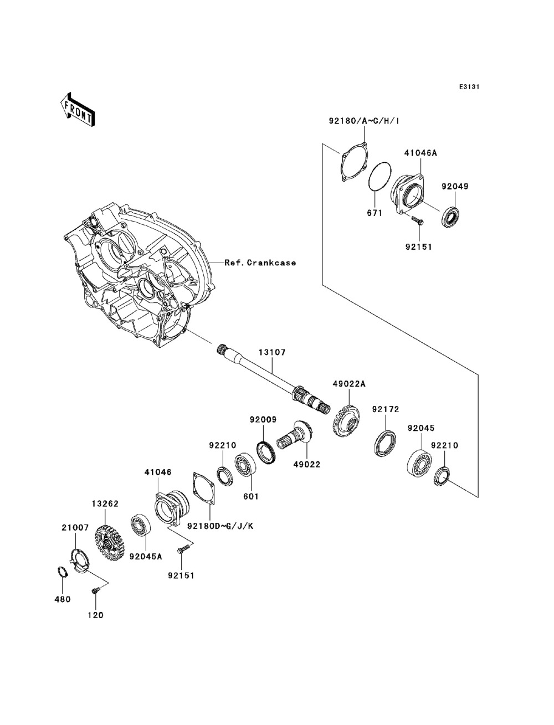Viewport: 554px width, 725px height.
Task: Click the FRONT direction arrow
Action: pos(78,109)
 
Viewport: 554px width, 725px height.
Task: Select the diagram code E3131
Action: pos(469,87)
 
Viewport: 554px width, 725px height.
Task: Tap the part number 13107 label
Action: pos(272,352)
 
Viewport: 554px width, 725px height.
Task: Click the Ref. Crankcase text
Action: pos(260,263)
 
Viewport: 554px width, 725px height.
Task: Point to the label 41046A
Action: pos(420,153)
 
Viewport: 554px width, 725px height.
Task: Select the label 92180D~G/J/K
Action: pos(220,526)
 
